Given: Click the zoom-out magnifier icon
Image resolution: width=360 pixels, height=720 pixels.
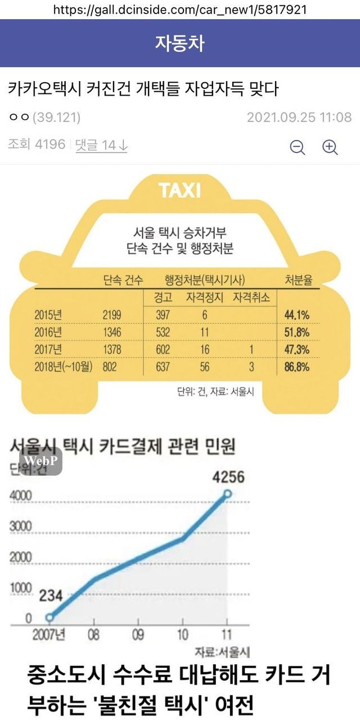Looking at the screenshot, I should click(297, 147).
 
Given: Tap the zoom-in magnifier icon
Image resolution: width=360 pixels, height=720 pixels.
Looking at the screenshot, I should click(330, 147).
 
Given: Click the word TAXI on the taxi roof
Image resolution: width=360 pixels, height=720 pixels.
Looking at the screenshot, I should click(180, 190).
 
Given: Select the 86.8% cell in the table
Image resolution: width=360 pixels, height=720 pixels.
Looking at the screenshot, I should click(297, 367).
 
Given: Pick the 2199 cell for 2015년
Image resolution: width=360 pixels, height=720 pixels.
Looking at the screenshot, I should click(112, 314).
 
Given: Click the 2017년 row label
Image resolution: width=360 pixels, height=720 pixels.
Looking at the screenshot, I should click(51, 350).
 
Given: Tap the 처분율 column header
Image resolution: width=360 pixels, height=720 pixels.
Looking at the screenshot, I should click(298, 280).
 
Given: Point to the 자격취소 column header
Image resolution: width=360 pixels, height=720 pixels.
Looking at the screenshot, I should click(251, 297).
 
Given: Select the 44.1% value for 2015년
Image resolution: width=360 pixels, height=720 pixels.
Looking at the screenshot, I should click(297, 314).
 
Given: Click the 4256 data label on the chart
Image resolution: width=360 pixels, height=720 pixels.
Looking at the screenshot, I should click(228, 477).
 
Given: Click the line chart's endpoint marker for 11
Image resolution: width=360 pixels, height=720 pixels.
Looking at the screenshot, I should click(227, 494).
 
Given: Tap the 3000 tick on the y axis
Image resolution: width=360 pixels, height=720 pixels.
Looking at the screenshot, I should click(21, 526).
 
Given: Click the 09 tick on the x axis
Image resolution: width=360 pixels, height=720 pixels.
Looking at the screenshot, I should click(138, 635).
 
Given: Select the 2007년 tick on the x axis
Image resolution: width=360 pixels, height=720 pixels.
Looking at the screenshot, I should click(49, 635).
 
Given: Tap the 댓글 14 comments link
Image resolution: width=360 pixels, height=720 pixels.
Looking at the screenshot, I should click(102, 145).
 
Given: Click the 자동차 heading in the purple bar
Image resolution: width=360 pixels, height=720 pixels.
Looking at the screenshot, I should click(180, 43).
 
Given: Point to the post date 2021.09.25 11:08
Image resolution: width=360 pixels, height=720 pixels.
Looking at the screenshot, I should click(299, 118).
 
